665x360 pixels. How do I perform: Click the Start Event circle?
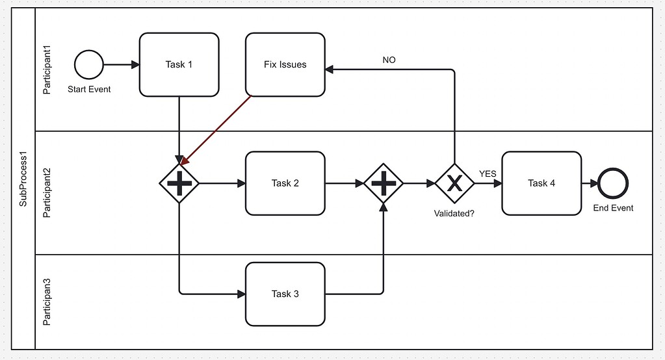[x=89, y=65]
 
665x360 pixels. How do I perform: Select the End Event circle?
[x=613, y=183]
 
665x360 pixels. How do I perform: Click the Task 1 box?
[x=179, y=65]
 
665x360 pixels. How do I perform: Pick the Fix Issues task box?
[x=285, y=65]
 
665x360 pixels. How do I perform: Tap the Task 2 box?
[x=285, y=183]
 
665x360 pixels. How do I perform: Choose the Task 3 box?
[x=285, y=294]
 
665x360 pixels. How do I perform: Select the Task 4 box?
[x=541, y=183]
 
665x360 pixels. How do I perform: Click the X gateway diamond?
[x=454, y=183]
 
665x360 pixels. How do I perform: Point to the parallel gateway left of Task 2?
[x=179, y=183]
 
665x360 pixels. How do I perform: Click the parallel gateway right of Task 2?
[x=384, y=183]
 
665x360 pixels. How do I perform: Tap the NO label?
[x=389, y=60]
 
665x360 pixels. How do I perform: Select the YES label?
[x=488, y=174]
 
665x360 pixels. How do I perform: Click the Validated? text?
[x=454, y=213]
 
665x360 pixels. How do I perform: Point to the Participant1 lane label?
[x=46, y=70]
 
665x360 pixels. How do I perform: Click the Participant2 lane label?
[x=46, y=192]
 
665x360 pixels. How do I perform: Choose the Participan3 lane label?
[x=46, y=302]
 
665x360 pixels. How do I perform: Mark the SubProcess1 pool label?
[x=23, y=179]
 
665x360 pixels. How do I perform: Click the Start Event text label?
[x=89, y=89]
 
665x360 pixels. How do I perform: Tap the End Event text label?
[x=613, y=208]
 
